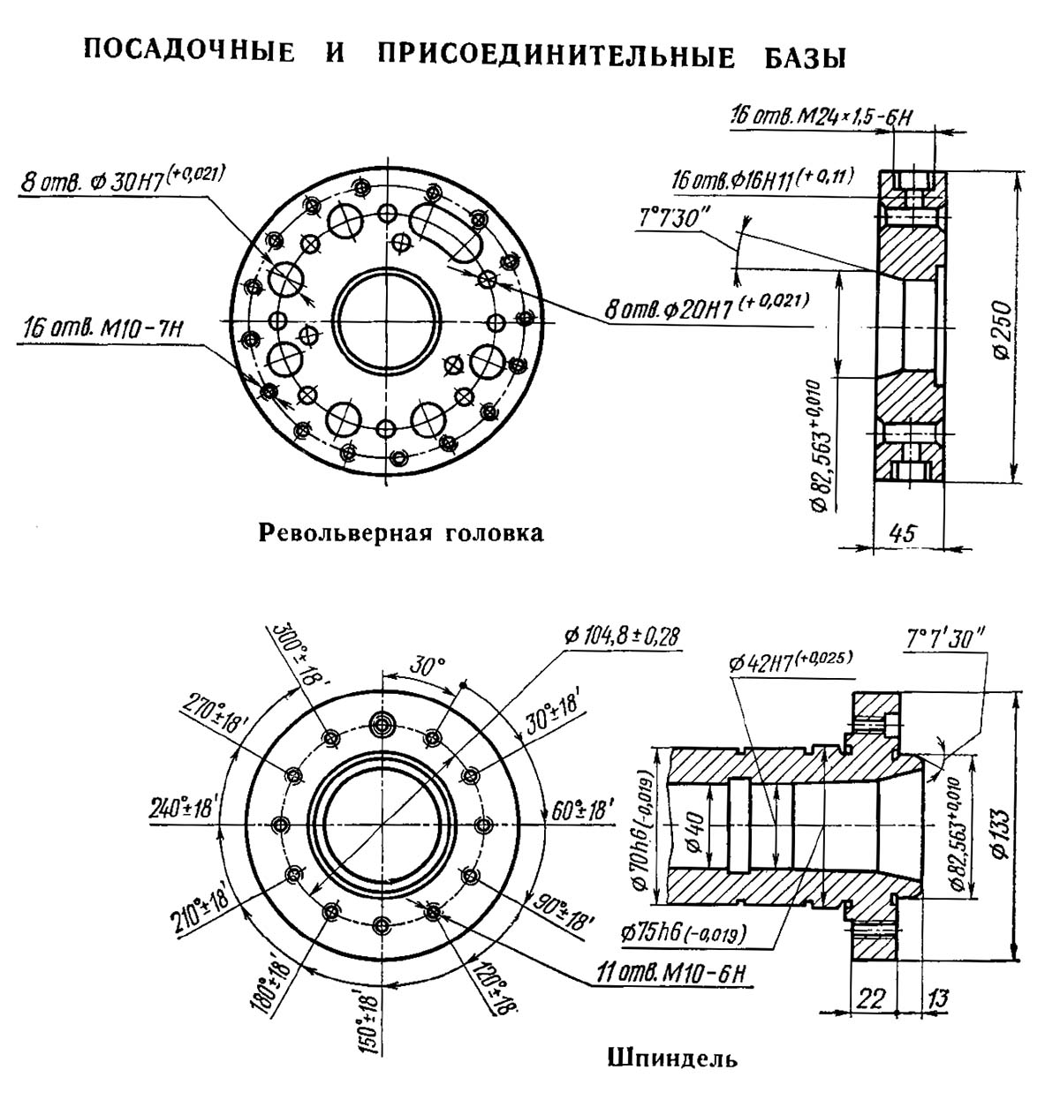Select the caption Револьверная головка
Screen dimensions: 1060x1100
click(401, 533)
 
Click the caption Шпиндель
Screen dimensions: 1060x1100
click(672, 1059)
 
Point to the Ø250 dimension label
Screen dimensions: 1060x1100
click(1001, 329)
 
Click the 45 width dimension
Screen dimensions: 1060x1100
click(902, 532)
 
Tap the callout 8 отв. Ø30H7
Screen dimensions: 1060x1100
click(123, 180)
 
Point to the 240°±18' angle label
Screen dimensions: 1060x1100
click(184, 809)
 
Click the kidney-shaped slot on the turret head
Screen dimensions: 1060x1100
click(447, 233)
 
